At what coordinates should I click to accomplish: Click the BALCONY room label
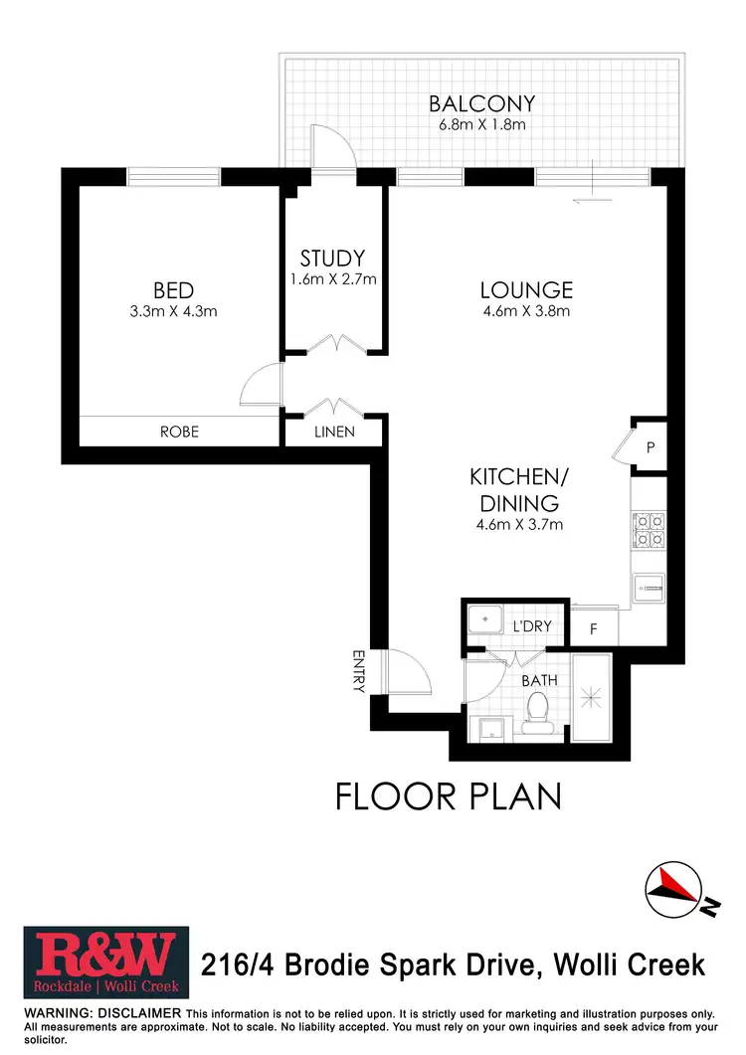pos(481,103)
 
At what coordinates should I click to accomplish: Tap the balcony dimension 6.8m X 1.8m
pos(481,125)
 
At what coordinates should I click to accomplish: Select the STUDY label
pos(332,259)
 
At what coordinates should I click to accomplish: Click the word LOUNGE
pos(526,290)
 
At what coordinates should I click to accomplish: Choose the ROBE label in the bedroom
pos(179,432)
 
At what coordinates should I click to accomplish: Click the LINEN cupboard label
pos(334,432)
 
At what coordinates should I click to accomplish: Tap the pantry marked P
pos(650,448)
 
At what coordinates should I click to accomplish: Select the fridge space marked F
pos(594,628)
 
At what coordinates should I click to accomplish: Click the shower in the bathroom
pos(593,699)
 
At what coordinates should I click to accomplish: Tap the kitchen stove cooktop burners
pos(649,529)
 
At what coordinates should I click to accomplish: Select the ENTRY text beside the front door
pos(359,671)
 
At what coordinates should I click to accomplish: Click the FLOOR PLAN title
pos(448,796)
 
